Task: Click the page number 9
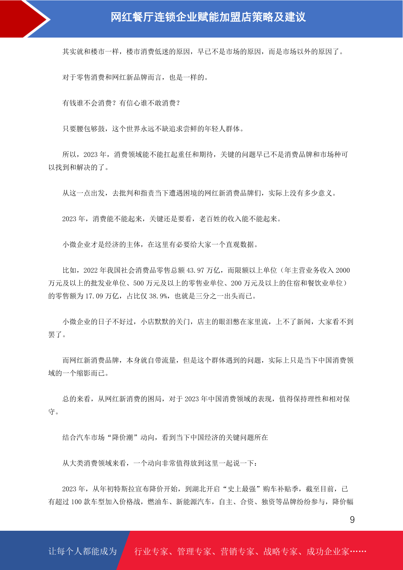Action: (x=352, y=520)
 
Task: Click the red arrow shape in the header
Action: (x=24, y=19)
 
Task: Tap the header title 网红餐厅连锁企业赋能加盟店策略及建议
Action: (x=208, y=17)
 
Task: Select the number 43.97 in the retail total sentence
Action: (x=196, y=270)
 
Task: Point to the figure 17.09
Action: (x=94, y=296)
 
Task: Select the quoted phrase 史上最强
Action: (x=242, y=489)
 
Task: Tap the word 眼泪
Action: (x=230, y=322)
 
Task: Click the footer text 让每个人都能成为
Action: (x=83, y=551)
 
